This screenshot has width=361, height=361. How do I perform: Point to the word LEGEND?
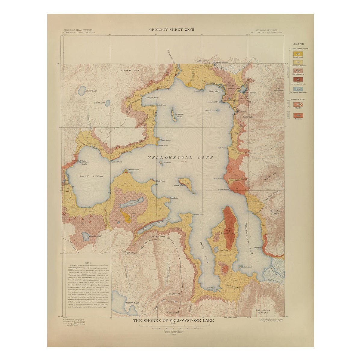(298, 44)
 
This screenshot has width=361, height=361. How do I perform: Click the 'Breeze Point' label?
(133, 169)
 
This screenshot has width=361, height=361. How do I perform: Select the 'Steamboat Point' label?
(214, 102)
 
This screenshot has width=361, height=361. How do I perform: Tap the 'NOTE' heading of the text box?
(88, 263)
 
